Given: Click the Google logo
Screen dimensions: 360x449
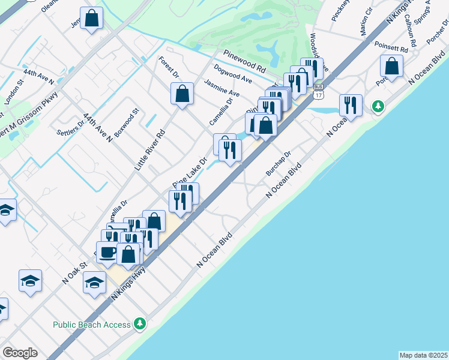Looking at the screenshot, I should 20,353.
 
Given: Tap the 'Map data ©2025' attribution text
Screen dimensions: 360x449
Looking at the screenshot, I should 423,355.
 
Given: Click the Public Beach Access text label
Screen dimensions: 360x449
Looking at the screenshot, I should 91,325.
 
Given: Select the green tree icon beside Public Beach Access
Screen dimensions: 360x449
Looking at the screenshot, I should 140,324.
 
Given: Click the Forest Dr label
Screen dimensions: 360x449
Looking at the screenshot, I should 169,67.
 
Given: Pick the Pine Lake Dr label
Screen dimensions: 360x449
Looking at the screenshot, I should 189,171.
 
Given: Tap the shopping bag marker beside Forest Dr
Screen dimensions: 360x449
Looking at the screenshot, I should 182,94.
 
